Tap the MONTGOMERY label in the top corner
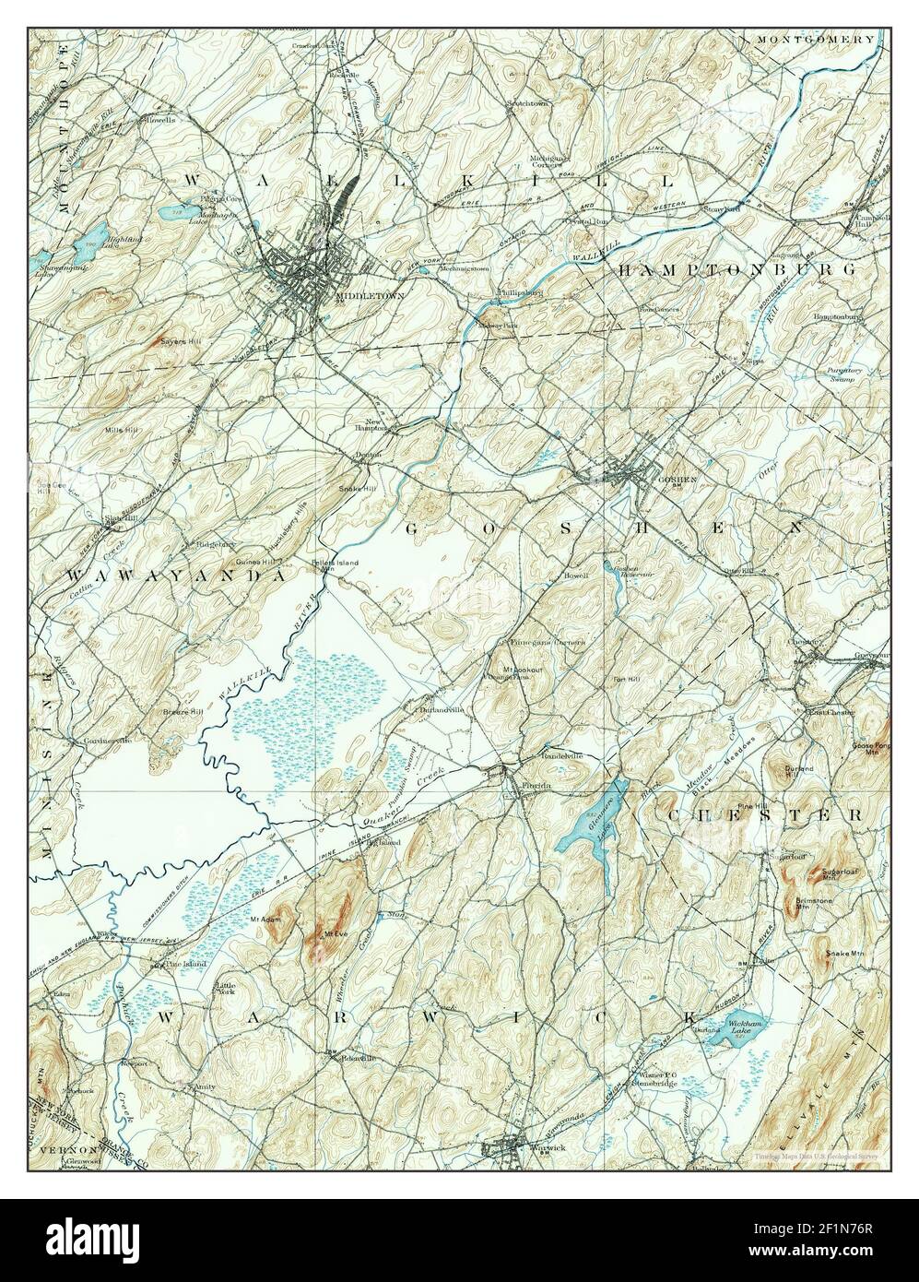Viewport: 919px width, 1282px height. point(815,40)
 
